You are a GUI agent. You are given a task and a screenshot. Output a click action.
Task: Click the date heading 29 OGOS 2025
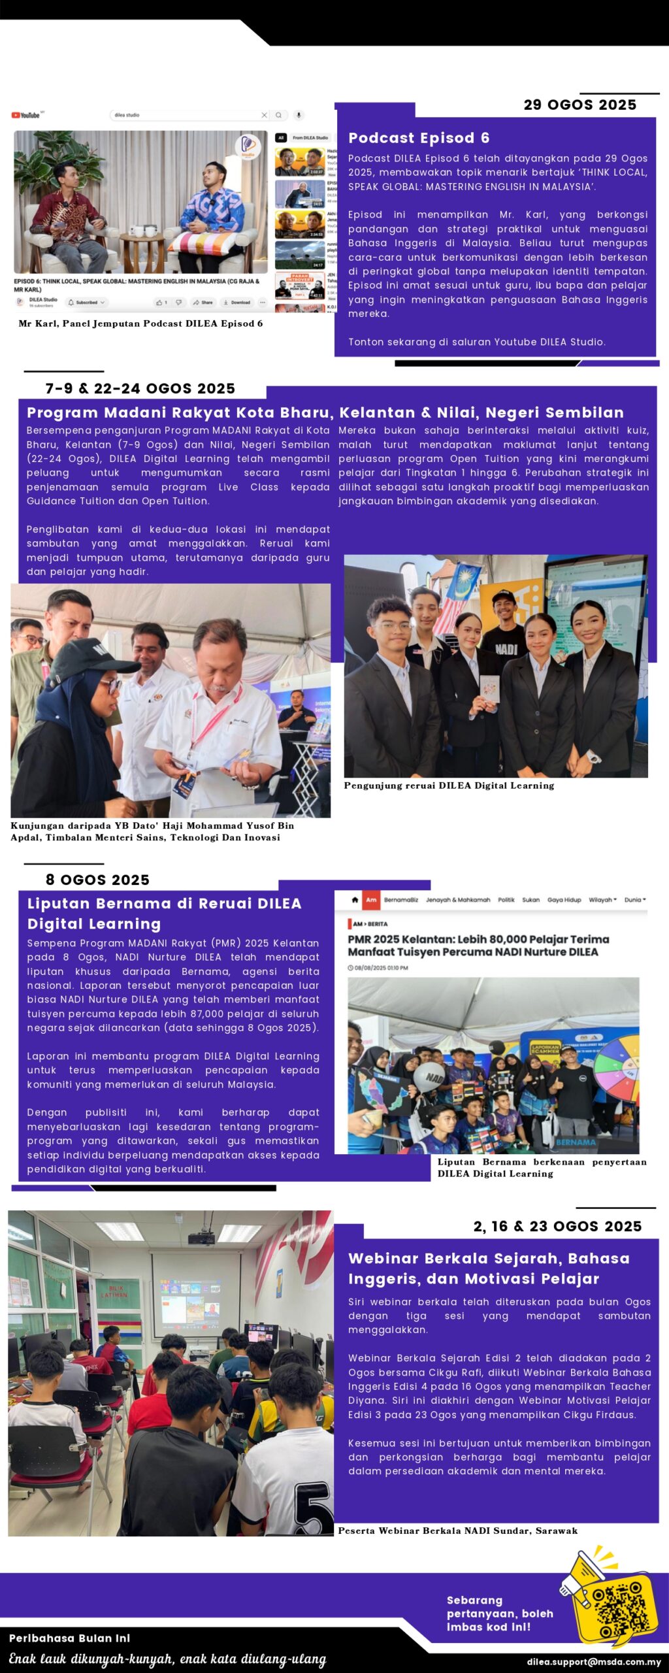(x=579, y=105)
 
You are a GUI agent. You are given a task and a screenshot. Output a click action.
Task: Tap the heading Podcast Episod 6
(x=419, y=138)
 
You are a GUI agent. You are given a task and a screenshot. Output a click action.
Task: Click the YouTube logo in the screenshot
(x=26, y=116)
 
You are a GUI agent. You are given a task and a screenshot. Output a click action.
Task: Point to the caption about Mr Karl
(x=140, y=323)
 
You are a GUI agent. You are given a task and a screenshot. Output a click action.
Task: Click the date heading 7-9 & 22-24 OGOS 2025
(x=140, y=389)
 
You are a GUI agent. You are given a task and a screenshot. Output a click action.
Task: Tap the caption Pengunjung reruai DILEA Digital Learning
(x=449, y=786)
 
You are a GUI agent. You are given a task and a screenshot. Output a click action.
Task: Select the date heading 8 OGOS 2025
(x=97, y=880)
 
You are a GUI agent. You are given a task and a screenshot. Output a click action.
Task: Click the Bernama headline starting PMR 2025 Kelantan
(x=478, y=946)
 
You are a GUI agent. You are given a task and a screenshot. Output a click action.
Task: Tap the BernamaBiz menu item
(x=400, y=900)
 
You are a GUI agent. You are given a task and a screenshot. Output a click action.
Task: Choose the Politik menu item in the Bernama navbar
(x=506, y=900)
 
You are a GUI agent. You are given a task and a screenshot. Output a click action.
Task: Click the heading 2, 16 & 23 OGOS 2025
(x=557, y=1226)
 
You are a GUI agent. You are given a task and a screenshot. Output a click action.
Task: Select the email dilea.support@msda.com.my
(x=594, y=1662)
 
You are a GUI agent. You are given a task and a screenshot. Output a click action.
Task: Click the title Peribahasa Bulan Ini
(x=69, y=1638)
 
